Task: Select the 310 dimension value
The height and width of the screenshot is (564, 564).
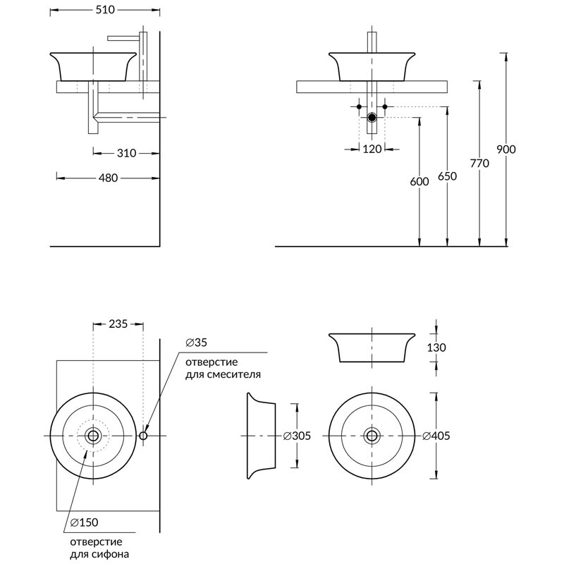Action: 126,153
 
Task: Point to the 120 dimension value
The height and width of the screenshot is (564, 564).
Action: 372,149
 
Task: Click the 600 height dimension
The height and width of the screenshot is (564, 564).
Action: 419,181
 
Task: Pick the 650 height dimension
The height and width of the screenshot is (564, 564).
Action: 447,176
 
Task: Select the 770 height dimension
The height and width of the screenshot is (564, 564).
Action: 479,164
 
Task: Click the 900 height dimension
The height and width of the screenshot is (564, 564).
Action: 506,149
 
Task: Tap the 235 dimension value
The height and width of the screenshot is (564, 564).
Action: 118,324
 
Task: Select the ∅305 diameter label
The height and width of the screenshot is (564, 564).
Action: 297,436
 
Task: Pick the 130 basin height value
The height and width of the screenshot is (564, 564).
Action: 436,348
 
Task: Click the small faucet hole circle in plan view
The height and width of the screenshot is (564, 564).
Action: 143,436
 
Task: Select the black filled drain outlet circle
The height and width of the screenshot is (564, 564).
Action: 372,118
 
